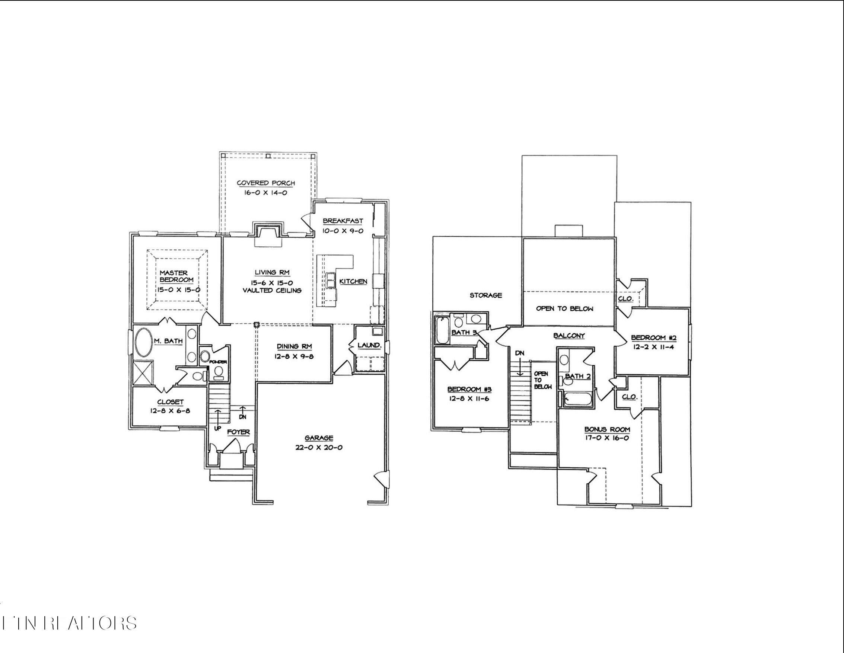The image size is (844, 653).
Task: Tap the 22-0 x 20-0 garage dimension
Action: (x=319, y=448)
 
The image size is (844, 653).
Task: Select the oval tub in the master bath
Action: (x=144, y=342)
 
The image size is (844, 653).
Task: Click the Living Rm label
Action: (x=272, y=272)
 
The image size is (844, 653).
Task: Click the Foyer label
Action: (x=238, y=432)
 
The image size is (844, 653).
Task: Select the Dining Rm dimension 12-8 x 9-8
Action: (x=294, y=356)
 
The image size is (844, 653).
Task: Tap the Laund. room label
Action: (x=369, y=345)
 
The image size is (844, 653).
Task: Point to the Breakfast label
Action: (x=343, y=221)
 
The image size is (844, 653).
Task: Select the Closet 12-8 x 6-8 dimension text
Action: (x=170, y=411)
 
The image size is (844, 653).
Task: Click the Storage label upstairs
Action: (x=486, y=295)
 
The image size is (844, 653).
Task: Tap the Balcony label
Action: (x=569, y=336)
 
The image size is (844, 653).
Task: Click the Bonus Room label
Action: (x=607, y=429)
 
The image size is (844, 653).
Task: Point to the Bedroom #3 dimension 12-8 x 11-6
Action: (x=469, y=398)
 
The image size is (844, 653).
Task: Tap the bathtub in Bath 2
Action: (x=578, y=399)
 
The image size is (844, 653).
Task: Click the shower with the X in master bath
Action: (x=143, y=372)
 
